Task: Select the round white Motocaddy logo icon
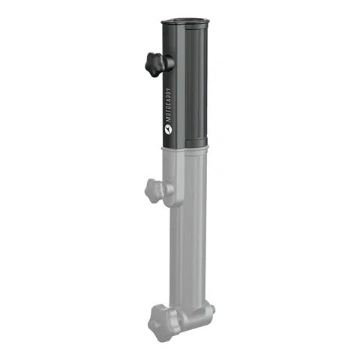coord(167,129)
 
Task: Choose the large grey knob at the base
coord(160,319)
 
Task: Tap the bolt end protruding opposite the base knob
coord(211,308)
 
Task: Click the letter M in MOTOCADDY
coord(168,118)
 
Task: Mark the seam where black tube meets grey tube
coord(184,148)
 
